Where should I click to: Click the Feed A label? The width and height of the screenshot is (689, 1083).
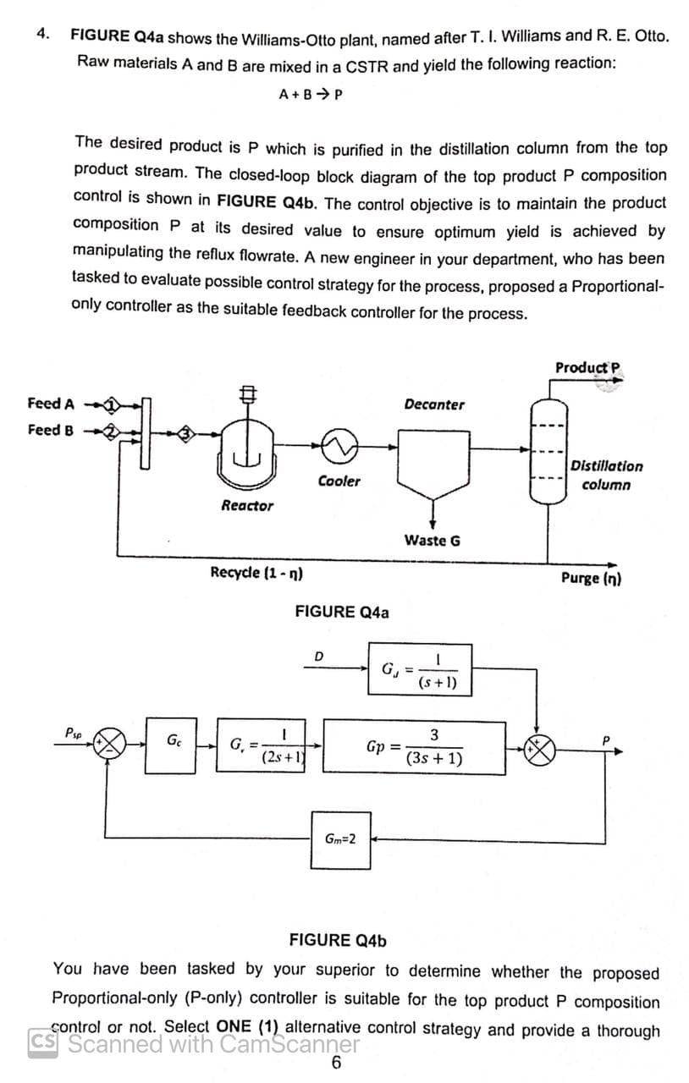50,403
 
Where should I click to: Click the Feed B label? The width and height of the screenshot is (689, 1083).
50,430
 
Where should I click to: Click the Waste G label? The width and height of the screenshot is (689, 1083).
433,540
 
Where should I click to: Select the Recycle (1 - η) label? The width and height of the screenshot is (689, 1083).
257,572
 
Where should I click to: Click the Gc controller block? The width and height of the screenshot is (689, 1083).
173,745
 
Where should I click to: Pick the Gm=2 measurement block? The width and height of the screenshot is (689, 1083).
340,839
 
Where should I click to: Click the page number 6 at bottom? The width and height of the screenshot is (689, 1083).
336,1064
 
